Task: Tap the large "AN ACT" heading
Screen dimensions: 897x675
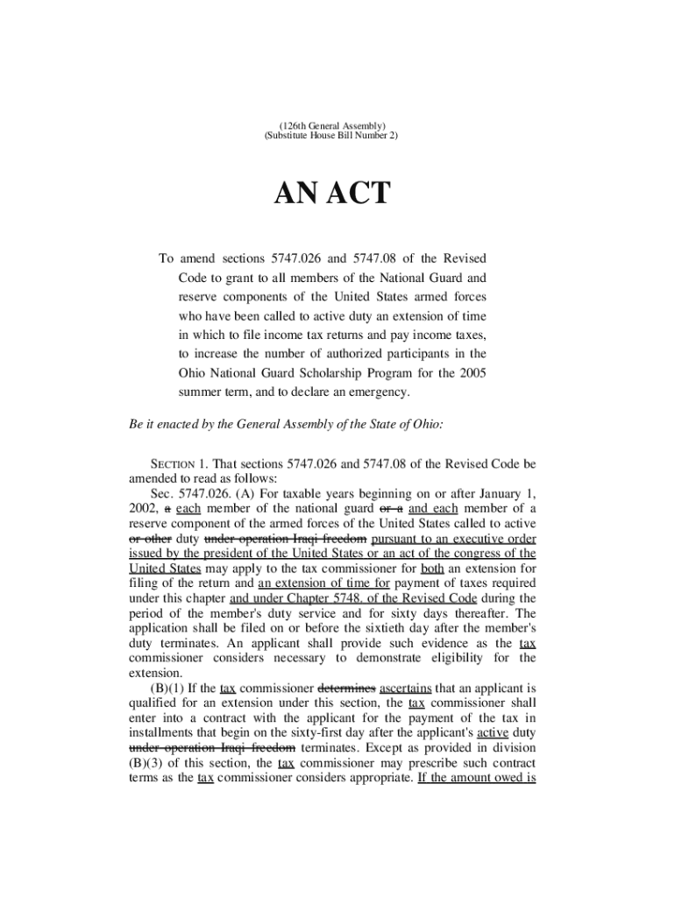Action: pos(333,194)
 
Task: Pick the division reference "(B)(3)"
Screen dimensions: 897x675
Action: pos(147,763)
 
